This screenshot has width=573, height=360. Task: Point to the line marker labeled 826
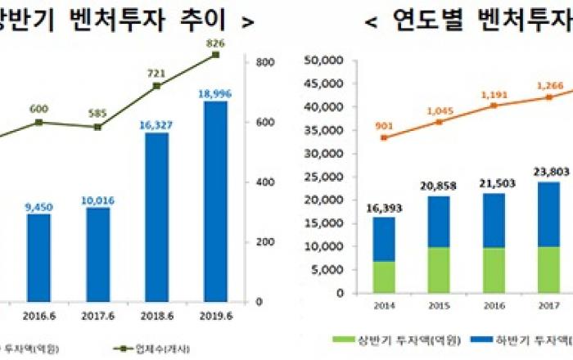click(215, 55)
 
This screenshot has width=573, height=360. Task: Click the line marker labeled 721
click(156, 85)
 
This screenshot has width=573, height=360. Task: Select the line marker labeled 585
click(97, 127)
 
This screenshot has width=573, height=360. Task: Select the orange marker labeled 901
click(385, 137)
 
